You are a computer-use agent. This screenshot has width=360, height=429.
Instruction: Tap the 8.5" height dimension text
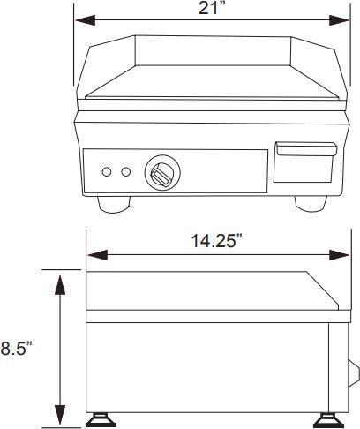pyautogui.click(x=16, y=349)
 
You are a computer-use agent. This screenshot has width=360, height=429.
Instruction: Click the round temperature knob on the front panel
pyautogui.click(x=160, y=172)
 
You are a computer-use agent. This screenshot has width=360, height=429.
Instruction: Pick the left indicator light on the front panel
pyautogui.click(x=107, y=171)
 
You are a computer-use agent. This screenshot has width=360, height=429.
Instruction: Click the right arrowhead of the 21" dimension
pyautogui.click(x=344, y=19)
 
